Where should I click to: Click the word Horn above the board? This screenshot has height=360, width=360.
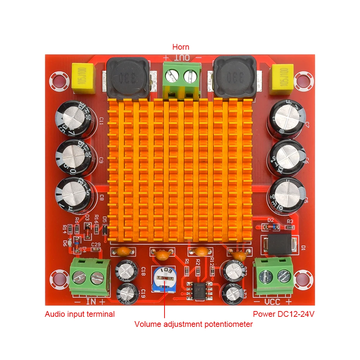(x=180, y=47)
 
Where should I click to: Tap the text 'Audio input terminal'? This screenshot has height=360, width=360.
(x=80, y=314)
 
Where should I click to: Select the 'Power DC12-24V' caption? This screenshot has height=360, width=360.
(x=284, y=314)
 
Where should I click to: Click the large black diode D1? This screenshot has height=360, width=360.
(x=280, y=245)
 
